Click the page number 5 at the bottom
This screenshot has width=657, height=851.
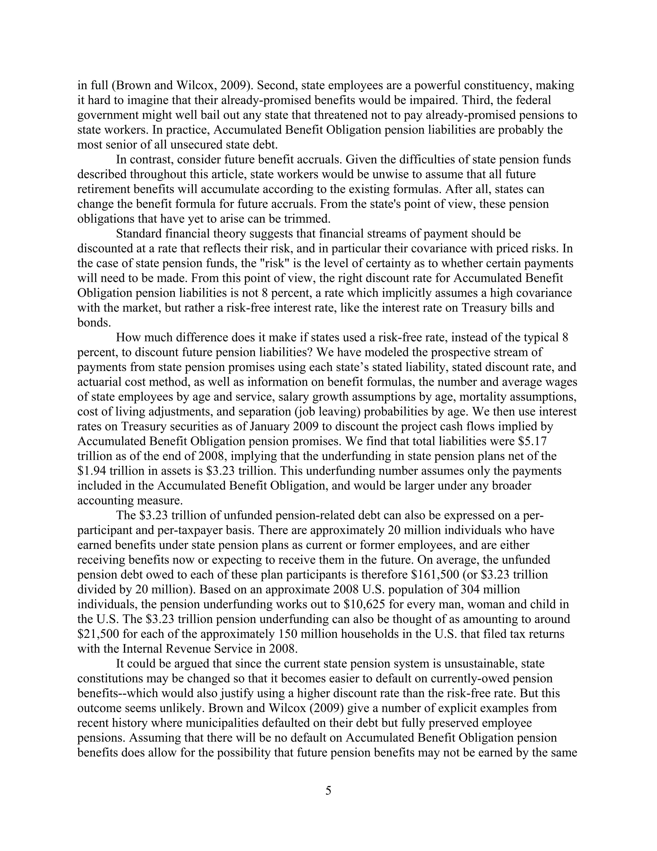[328, 790]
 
